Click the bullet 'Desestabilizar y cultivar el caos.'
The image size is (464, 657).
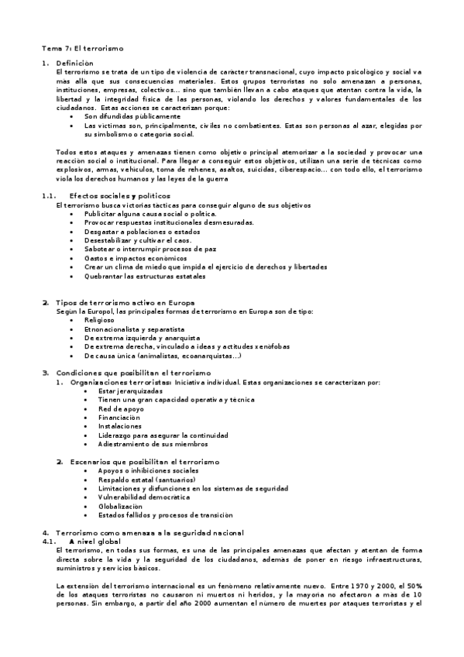[127, 240]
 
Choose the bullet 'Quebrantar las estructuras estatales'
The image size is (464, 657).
[145, 275]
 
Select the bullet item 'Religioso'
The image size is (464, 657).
[99, 319]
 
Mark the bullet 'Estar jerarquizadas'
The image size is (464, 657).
[125, 390]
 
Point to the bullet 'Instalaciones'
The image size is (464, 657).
[120, 426]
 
